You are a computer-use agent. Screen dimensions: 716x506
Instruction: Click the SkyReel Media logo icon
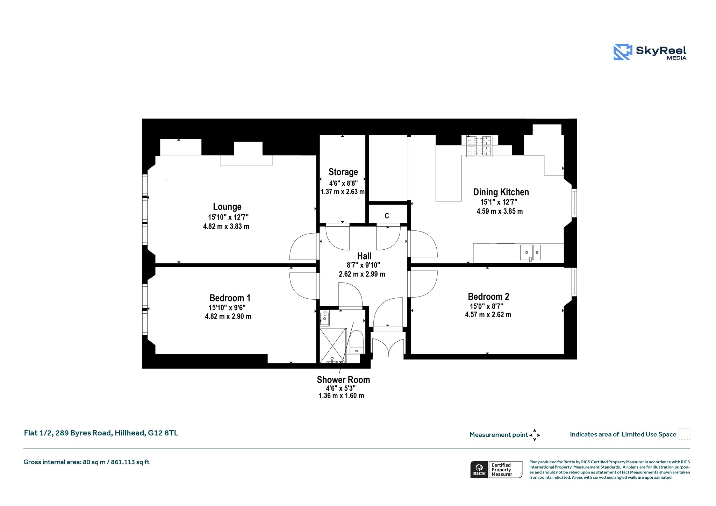click(x=623, y=52)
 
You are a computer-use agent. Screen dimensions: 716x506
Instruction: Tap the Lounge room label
click(x=227, y=207)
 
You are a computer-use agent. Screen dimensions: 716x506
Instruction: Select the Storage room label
click(x=343, y=172)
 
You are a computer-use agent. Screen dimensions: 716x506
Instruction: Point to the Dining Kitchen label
click(x=501, y=192)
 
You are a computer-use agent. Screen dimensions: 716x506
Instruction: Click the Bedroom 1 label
click(x=230, y=298)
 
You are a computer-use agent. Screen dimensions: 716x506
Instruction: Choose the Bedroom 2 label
click(x=488, y=297)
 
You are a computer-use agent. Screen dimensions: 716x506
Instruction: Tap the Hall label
click(x=364, y=256)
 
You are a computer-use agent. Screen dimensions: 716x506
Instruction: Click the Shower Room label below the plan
click(x=343, y=380)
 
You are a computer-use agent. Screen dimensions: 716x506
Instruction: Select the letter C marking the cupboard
click(x=387, y=216)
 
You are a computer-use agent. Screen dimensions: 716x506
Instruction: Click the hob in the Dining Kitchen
click(x=480, y=146)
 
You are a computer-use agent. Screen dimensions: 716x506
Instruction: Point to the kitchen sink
click(x=530, y=252)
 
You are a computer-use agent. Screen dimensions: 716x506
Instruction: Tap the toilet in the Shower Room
click(x=357, y=343)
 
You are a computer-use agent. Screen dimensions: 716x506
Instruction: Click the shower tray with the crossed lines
click(x=332, y=345)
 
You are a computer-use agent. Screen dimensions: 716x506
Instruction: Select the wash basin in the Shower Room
click(x=324, y=318)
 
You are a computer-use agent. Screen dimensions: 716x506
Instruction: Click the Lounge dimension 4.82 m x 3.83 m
click(x=226, y=226)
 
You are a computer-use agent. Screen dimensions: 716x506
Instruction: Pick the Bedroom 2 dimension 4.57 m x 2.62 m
click(x=488, y=315)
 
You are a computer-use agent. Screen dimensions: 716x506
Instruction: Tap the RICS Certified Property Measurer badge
click(x=496, y=470)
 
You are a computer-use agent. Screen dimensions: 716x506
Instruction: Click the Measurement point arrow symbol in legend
click(x=535, y=435)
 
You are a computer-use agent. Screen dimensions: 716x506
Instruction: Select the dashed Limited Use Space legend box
click(x=684, y=434)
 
